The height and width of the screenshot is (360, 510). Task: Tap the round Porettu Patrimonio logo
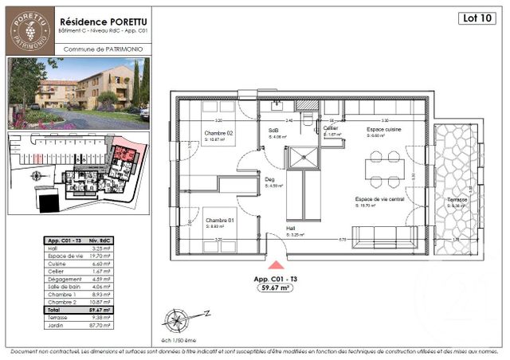(x=29, y=30)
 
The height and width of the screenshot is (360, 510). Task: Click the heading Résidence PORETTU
(x=101, y=14)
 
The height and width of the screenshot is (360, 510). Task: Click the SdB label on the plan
(x=273, y=130)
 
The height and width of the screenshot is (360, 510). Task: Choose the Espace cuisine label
(x=384, y=129)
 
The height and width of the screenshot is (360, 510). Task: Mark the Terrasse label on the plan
(x=457, y=199)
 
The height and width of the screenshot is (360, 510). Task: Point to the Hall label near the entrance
(x=292, y=229)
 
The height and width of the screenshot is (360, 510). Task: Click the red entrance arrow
(x=275, y=266)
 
